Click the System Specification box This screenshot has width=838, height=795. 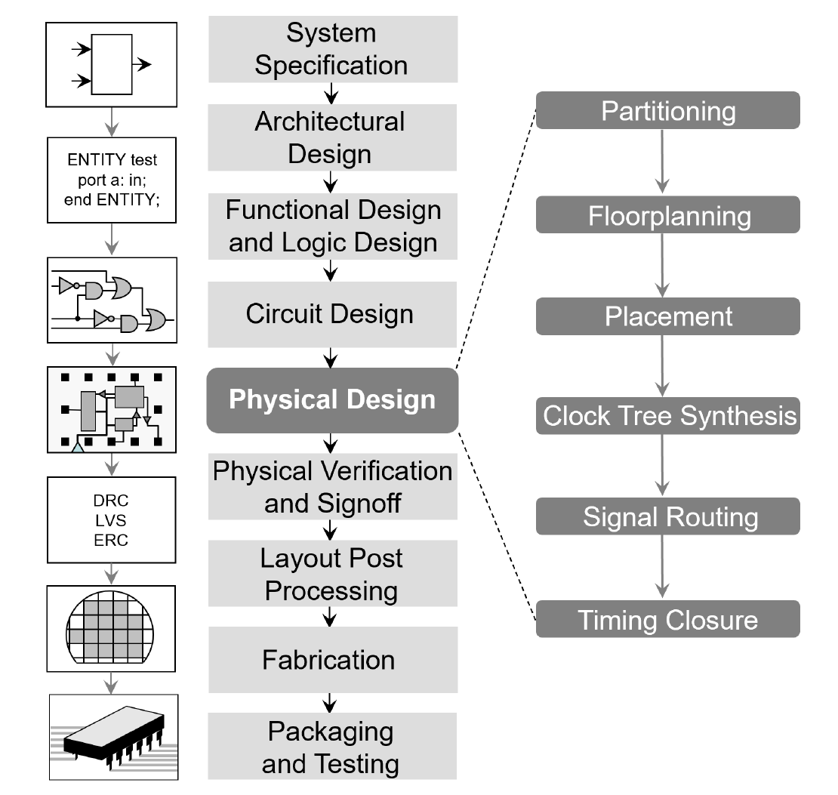332,49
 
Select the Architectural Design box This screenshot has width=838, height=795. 332,137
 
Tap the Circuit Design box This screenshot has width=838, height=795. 332,314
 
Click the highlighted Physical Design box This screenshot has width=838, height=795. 332,400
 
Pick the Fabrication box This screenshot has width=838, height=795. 332,660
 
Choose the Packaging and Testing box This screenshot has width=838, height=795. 332,747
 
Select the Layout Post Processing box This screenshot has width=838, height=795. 332,574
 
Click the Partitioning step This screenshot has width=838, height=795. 667,110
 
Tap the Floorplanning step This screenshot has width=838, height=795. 667,215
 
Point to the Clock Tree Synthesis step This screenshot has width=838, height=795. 667,415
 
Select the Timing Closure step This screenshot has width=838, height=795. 667,619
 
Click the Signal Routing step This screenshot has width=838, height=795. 667,516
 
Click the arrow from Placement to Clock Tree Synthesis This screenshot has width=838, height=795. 663,365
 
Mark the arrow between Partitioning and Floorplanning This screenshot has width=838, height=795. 663,162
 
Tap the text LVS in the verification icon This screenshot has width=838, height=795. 111,521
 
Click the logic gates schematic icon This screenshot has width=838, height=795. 112,300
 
